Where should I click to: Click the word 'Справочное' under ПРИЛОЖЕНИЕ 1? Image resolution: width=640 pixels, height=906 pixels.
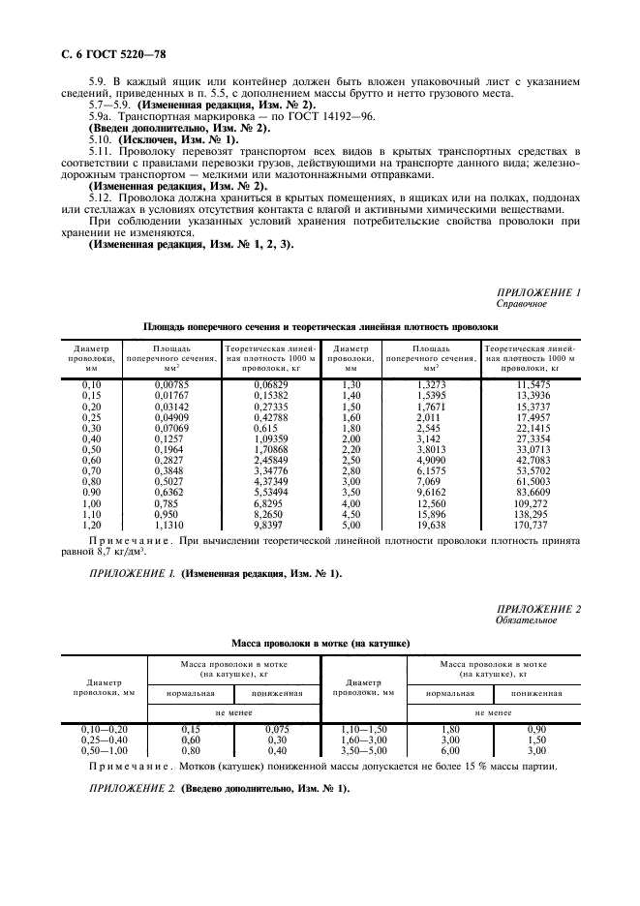[x=523, y=304]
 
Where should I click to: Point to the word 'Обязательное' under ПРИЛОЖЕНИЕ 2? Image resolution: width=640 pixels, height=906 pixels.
[x=527, y=620]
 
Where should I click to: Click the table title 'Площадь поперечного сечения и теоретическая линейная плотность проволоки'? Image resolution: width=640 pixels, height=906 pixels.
[x=320, y=327]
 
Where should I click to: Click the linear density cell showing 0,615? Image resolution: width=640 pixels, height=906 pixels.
[x=265, y=429]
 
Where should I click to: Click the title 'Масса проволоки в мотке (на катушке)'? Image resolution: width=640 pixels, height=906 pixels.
[x=320, y=643]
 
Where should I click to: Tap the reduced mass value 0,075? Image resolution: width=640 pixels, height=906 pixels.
[x=279, y=728]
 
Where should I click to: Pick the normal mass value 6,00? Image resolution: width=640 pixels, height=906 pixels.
[x=448, y=750]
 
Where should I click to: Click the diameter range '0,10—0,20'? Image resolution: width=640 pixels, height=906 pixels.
[x=105, y=728]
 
